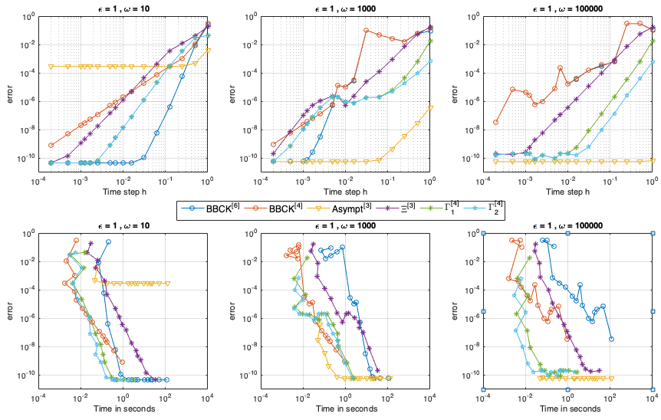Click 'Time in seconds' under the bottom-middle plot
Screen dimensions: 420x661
click(x=345, y=407)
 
